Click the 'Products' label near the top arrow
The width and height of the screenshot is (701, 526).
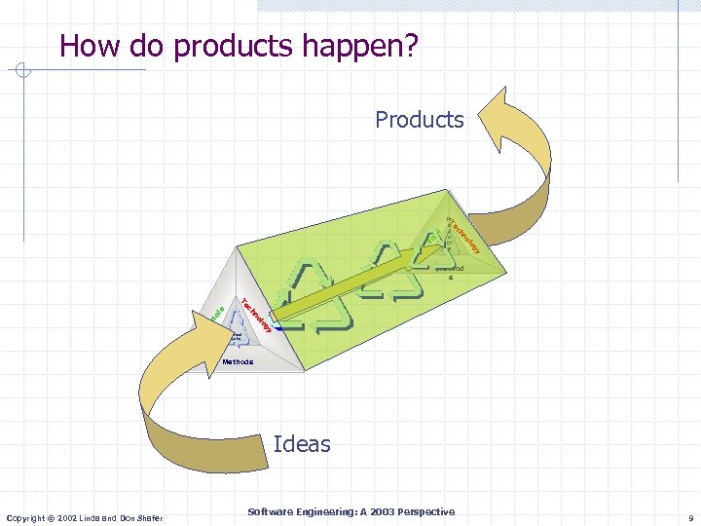(x=420, y=120)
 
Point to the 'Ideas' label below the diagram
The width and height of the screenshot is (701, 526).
(x=302, y=444)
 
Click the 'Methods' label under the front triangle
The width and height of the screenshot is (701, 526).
(x=237, y=361)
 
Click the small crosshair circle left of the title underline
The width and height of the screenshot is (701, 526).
(x=24, y=70)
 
